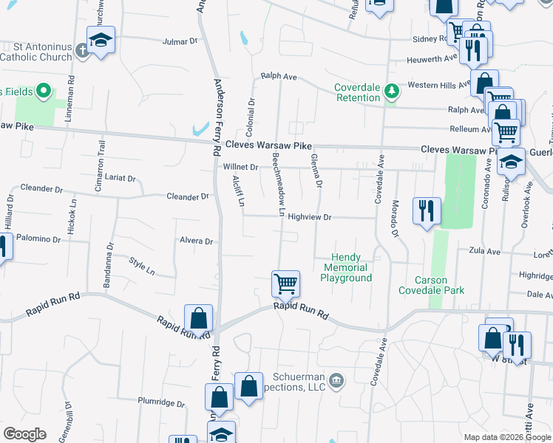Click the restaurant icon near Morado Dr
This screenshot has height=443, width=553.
[427, 210]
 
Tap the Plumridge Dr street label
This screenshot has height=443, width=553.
[161, 402]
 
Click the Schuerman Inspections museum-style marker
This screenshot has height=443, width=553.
[337, 380]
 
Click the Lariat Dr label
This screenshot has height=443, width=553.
[121, 178]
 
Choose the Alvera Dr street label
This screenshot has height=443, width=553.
[196, 241]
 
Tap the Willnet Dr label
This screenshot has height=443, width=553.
[240, 167]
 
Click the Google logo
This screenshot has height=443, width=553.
[24, 434]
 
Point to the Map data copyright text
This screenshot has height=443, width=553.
[507, 437]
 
